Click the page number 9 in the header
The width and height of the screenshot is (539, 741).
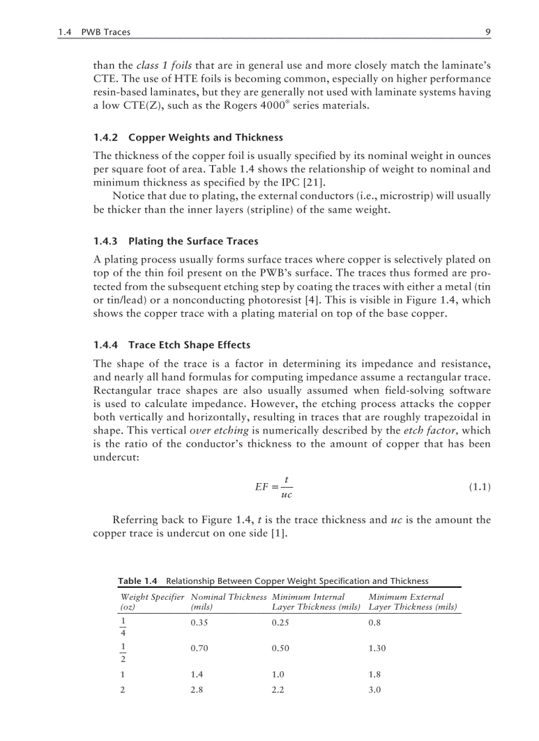click(487, 32)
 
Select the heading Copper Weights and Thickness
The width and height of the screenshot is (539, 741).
click(205, 138)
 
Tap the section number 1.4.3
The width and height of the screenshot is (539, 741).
click(106, 241)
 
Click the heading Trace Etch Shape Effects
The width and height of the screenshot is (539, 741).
click(190, 345)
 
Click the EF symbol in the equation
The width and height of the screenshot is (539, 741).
click(262, 487)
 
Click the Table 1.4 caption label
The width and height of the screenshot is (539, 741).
click(138, 581)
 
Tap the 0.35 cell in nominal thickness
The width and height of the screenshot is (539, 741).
click(199, 623)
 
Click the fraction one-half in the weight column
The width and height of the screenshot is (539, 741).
click(123, 652)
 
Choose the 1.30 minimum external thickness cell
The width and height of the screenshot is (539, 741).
click(377, 649)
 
